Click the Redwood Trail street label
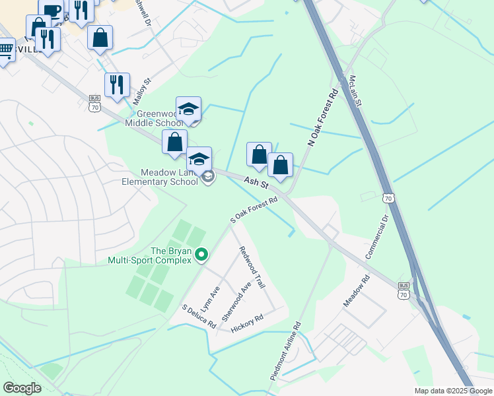252,267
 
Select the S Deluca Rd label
199,317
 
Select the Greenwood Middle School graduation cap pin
188,109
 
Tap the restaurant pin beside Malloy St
117,84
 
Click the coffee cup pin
52,10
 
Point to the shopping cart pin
5,50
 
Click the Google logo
22,388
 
